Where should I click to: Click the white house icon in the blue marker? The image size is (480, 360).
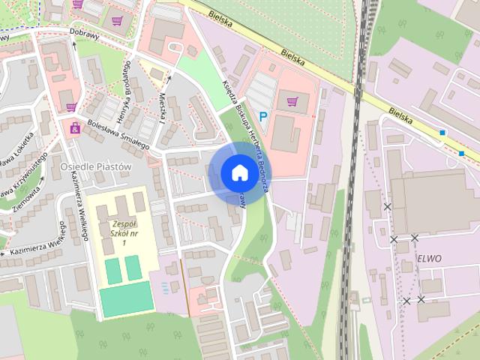coord(238,172)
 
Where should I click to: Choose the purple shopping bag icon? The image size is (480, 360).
coord(75,128)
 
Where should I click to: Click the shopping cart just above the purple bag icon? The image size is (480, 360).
coord(71,106)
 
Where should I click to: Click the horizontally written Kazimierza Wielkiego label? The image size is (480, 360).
coord(34,249)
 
